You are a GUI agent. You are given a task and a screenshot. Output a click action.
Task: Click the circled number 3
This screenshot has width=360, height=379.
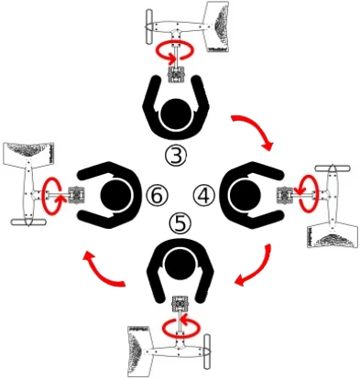[x=176, y=155]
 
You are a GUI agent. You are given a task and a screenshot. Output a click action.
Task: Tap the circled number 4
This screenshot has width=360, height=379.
[x=204, y=196]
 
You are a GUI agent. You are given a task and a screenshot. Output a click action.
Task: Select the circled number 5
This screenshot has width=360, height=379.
[x=180, y=223]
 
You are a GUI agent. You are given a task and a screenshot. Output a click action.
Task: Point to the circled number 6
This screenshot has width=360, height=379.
[x=157, y=196]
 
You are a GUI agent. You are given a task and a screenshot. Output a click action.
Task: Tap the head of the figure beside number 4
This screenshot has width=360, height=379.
[x=245, y=195]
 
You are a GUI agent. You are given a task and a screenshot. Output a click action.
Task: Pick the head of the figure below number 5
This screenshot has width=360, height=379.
[x=180, y=263]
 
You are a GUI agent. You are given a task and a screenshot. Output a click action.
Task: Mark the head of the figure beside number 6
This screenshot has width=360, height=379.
[x=115, y=195]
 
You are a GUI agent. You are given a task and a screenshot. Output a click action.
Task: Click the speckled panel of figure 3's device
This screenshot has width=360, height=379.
[x=218, y=27]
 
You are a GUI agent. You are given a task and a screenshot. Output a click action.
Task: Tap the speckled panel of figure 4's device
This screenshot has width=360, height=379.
[x=333, y=235]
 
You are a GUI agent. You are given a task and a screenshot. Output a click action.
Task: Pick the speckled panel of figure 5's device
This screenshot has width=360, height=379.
[x=139, y=352]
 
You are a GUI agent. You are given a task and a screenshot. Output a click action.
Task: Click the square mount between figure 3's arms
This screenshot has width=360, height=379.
[x=176, y=74]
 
